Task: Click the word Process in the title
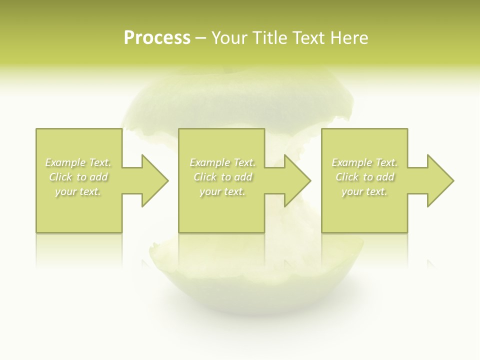point(157,38)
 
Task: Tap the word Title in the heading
point(268,38)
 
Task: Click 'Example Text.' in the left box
point(78,162)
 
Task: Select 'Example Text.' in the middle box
point(222,162)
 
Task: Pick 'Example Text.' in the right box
point(364,162)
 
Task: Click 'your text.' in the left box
point(78,191)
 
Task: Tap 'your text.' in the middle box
point(222,191)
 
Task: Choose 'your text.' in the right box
point(364,191)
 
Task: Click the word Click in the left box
point(60,177)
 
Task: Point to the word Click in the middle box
point(204,177)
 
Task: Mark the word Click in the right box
point(347,177)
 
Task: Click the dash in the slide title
point(200,38)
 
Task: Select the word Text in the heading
point(306,38)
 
